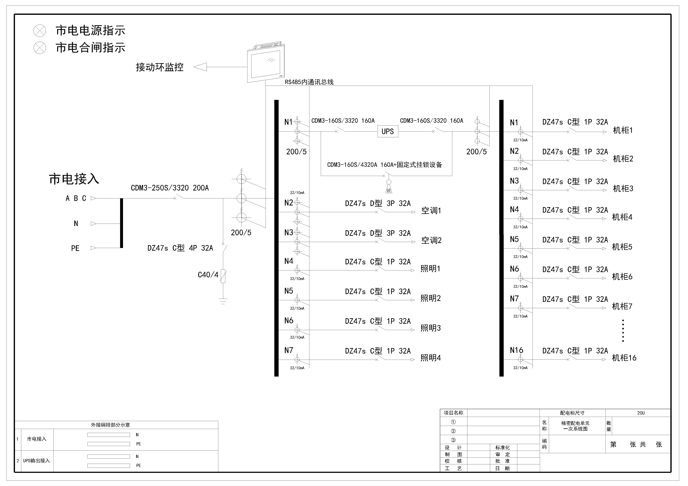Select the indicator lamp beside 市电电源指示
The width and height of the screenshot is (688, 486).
coord(40,30)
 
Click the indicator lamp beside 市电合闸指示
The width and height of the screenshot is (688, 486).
coord(40,48)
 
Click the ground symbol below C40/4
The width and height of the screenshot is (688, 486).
coord(223,301)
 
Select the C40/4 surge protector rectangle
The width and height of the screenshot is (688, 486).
coord(223,276)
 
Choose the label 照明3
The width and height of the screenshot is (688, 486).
coord(431,328)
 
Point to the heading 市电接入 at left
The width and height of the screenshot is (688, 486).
coord(74,179)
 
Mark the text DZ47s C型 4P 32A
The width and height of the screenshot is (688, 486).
coord(180,248)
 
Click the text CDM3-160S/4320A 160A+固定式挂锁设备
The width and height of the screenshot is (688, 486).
coord(384,165)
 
